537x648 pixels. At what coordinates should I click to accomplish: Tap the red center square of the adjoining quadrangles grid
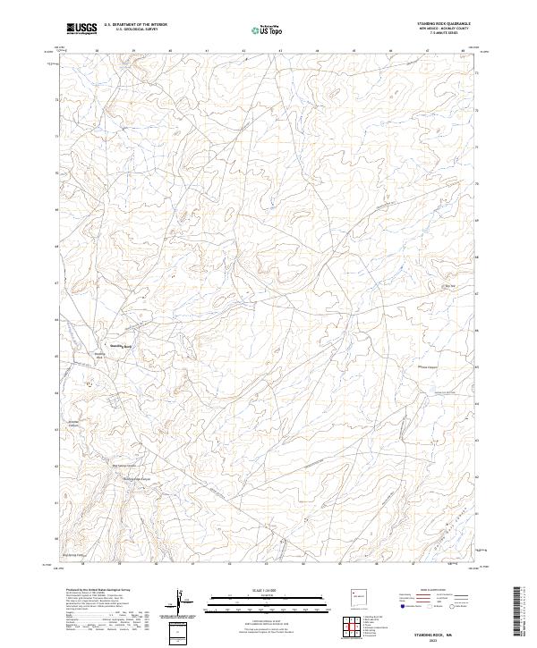click(x=354, y=627)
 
